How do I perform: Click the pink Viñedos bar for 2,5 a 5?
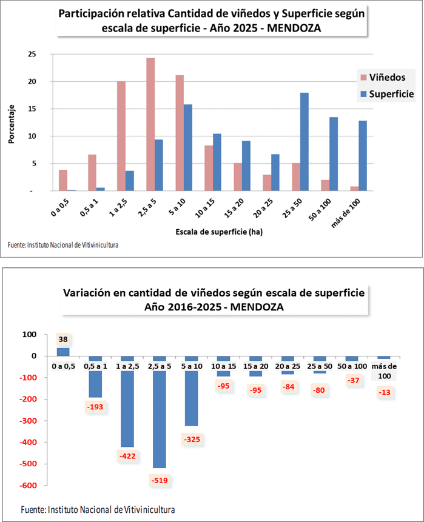150,124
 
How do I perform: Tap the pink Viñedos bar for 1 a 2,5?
121,136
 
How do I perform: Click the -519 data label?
159,480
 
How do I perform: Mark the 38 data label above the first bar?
63,340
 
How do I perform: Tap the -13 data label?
383,392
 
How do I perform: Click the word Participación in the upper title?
90,13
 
